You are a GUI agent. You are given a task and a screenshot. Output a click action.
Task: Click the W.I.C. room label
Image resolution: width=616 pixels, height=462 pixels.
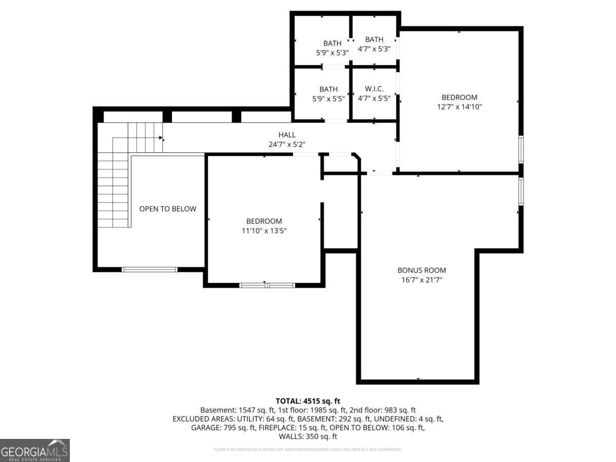[x=374, y=89]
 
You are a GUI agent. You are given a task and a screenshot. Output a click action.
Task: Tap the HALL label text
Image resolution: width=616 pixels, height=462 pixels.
[x=287, y=135]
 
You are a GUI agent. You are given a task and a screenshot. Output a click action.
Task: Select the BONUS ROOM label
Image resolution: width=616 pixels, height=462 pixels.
[x=421, y=270]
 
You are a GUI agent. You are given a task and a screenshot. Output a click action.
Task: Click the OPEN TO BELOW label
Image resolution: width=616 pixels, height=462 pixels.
[x=168, y=209]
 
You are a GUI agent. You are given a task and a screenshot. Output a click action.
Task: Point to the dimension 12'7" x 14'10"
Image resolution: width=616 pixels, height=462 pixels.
[x=459, y=107]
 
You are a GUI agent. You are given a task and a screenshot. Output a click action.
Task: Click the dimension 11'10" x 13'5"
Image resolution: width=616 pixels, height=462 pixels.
[x=264, y=231]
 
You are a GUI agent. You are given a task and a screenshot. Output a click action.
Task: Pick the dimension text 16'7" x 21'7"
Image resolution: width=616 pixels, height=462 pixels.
[x=421, y=280]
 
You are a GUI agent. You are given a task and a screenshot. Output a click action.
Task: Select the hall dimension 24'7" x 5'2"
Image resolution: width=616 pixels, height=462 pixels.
[x=287, y=145]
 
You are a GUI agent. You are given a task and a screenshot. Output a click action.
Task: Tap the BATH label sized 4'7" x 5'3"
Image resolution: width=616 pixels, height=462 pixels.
[x=374, y=40]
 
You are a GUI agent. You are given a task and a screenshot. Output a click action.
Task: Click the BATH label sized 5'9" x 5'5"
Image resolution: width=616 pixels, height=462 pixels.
[x=329, y=89]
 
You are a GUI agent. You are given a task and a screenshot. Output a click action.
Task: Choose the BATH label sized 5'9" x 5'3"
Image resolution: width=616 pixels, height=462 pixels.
[x=332, y=43]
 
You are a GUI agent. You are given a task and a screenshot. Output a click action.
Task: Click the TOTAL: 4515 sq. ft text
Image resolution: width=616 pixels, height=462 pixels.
[x=308, y=401]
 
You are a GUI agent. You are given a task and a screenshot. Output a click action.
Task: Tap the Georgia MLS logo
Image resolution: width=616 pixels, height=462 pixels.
[x=35, y=450]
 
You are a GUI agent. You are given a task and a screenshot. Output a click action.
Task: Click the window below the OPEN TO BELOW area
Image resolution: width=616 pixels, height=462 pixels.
[x=149, y=269]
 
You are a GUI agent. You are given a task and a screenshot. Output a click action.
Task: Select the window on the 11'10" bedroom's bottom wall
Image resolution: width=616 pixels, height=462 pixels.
[x=267, y=285]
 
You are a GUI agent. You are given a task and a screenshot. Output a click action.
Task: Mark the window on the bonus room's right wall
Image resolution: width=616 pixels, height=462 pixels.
[x=521, y=191]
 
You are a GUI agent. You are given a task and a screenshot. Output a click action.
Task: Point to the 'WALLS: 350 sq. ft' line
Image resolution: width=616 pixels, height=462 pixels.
[x=308, y=436]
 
